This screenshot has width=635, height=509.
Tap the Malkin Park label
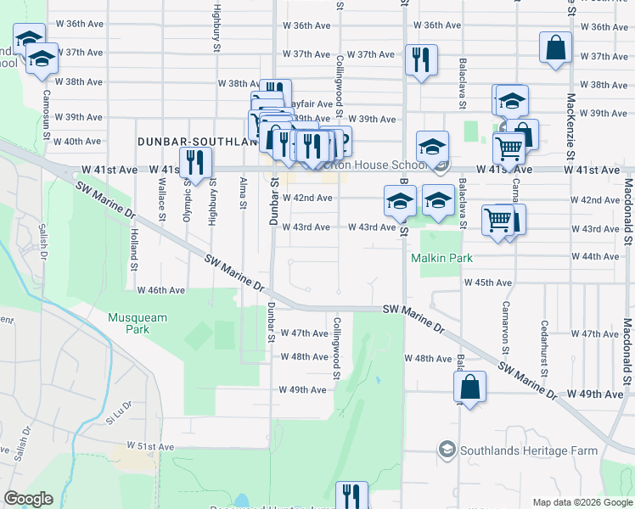pyautogui.click(x=441, y=258)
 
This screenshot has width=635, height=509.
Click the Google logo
pyautogui.click(x=28, y=499)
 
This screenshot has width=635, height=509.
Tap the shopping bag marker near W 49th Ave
pyautogui.click(x=469, y=389)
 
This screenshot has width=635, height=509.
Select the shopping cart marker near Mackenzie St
pyautogui.click(x=508, y=148)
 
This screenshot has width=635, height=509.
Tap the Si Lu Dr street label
pyautogui.click(x=120, y=413)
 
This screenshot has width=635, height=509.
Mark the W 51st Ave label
pyautogui.click(x=149, y=446)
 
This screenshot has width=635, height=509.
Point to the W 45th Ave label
pyautogui.click(x=487, y=282)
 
